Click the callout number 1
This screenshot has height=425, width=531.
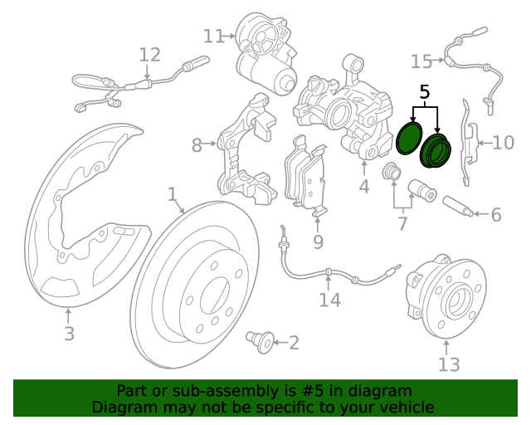(x=173, y=195)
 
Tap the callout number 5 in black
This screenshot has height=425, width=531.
(x=425, y=92)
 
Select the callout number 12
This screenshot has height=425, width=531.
(x=149, y=56)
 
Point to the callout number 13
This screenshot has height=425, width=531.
(x=449, y=364)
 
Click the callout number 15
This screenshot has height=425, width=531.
(x=421, y=61)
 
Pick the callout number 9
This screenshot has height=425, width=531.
(x=318, y=242)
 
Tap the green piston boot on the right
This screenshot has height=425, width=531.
(x=435, y=150)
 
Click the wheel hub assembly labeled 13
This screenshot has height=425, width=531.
(x=441, y=299)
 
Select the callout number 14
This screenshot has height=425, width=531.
(x=329, y=300)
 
